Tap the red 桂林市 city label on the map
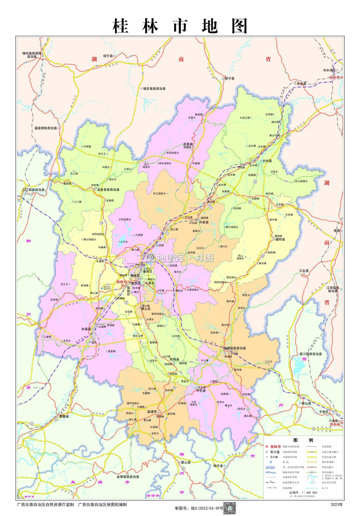click(121, 282)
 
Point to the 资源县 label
click(188, 144)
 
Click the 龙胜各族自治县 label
click(108, 190)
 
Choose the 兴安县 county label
click(204, 222)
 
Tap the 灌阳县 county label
click(280, 239)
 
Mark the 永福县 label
click(86, 329)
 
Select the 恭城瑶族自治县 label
click(235, 348)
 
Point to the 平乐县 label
click(201, 391)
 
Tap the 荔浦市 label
click(152, 411)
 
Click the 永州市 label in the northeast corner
click(335, 78)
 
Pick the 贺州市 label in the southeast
click(335, 424)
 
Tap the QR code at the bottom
click(230, 508)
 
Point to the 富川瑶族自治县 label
click(310, 354)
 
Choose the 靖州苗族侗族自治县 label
click(32, 55)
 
